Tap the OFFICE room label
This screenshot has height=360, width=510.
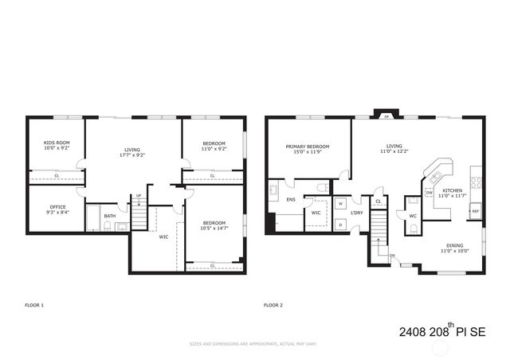click(56, 207)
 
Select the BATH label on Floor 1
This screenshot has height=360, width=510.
click(109, 216)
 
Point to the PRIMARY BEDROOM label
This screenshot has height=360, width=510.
click(308, 147)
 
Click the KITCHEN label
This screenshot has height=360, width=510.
click(453, 191)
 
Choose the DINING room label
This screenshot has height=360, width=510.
click(454, 246)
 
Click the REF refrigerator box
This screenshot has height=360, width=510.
click(475, 211)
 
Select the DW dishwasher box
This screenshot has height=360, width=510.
click(429, 193)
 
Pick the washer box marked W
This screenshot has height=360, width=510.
click(340, 204)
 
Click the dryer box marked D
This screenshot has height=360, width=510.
click(340, 224)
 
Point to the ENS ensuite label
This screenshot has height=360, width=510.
click(291, 200)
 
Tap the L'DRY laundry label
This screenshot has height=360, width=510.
click(356, 213)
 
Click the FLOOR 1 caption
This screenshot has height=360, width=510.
click(34, 305)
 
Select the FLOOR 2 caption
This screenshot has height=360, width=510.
click(273, 305)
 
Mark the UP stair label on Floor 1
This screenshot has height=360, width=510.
click(139, 196)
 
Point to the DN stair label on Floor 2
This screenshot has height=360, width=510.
click(392, 256)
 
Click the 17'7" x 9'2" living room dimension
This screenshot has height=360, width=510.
click(132, 155)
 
